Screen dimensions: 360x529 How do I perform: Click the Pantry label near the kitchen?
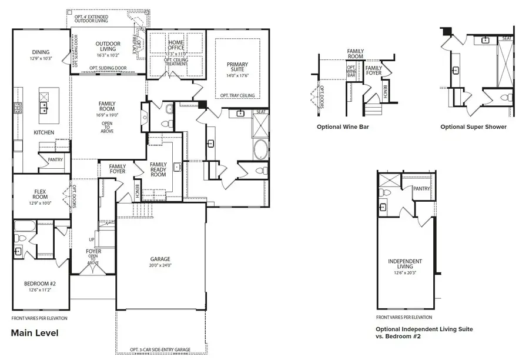[55, 159]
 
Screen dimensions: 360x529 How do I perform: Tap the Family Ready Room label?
[159, 169]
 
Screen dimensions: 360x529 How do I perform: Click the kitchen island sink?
[43, 106]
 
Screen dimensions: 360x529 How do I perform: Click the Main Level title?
[35, 333]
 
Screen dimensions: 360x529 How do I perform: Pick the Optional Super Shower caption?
[474, 126]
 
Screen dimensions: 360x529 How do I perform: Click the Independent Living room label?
[405, 264]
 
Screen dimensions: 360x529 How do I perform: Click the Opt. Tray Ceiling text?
[237, 95]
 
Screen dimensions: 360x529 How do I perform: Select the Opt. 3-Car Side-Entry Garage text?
[160, 350]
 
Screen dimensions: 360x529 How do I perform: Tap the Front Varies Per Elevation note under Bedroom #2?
[39, 318]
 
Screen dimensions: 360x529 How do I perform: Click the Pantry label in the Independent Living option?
[421, 189]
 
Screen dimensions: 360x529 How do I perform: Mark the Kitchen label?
[43, 132]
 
